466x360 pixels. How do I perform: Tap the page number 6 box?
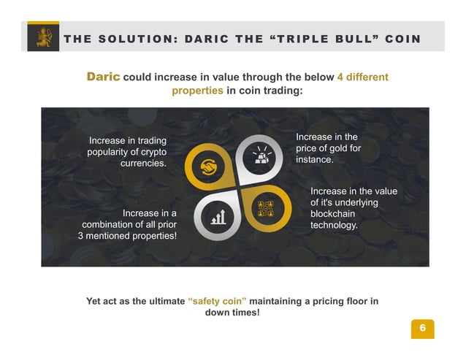(421, 329)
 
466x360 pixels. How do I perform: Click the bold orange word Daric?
(103, 77)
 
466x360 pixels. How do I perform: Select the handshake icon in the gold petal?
(207, 166)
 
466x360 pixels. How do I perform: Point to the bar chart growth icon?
(218, 216)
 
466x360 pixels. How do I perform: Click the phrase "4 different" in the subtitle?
(362, 77)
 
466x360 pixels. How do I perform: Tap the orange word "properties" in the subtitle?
(197, 91)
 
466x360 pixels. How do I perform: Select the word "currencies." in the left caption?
(143, 164)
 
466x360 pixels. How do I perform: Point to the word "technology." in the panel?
(335, 226)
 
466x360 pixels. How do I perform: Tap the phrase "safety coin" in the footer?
(217, 301)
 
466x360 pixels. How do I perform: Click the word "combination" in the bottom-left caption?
(113, 225)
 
